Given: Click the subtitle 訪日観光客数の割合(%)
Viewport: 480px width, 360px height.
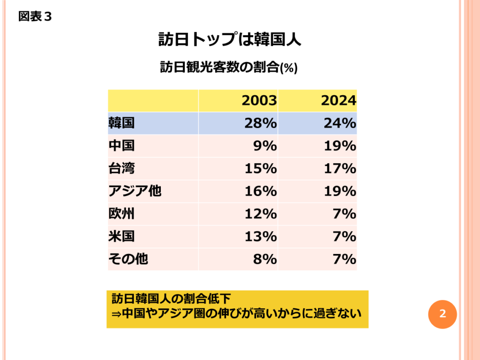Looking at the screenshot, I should point(229,67).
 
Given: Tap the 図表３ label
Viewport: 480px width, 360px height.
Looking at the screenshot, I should point(35,17).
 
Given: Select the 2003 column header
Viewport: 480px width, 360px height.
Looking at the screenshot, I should point(259,101).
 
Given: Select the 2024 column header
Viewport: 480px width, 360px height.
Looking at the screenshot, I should point(338,101).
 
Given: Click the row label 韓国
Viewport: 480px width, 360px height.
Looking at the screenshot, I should point(121,123).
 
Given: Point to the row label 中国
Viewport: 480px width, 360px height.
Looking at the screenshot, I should point(121,146).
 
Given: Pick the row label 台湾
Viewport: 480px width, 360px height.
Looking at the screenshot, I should point(121,168).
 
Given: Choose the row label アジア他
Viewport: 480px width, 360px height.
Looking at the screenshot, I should point(135,191).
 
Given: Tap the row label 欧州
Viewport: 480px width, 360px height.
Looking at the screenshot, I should point(121,214).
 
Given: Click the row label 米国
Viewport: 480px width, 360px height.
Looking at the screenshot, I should point(121,236).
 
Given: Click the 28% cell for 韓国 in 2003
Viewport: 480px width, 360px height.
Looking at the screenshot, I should point(260,123).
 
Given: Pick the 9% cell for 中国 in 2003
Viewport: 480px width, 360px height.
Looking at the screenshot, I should point(265,146).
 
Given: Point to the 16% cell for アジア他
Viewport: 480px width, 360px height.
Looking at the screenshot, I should point(260,191).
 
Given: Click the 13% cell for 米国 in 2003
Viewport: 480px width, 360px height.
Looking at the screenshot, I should point(260,236).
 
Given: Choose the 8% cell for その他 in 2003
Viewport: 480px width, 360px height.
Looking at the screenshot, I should point(265,259).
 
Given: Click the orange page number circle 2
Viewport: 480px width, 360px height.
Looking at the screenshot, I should point(442,314).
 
